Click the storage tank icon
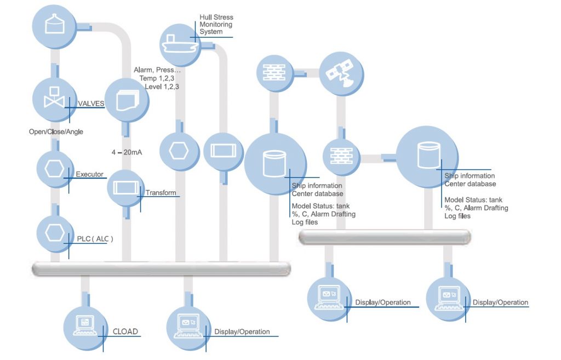pyautogui.click(x=54, y=24)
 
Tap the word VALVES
pyautogui.click(x=91, y=103)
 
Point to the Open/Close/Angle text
pyautogui.click(x=56, y=132)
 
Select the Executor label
pyautogui.click(x=89, y=174)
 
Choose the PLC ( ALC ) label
pyautogui.click(x=95, y=238)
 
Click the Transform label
pyautogui.click(x=161, y=192)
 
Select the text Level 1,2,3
pyautogui.click(x=162, y=87)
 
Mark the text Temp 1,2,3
pyautogui.click(x=159, y=78)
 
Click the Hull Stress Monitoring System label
pyautogui.click(x=216, y=25)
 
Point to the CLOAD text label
pyautogui.click(x=125, y=332)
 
